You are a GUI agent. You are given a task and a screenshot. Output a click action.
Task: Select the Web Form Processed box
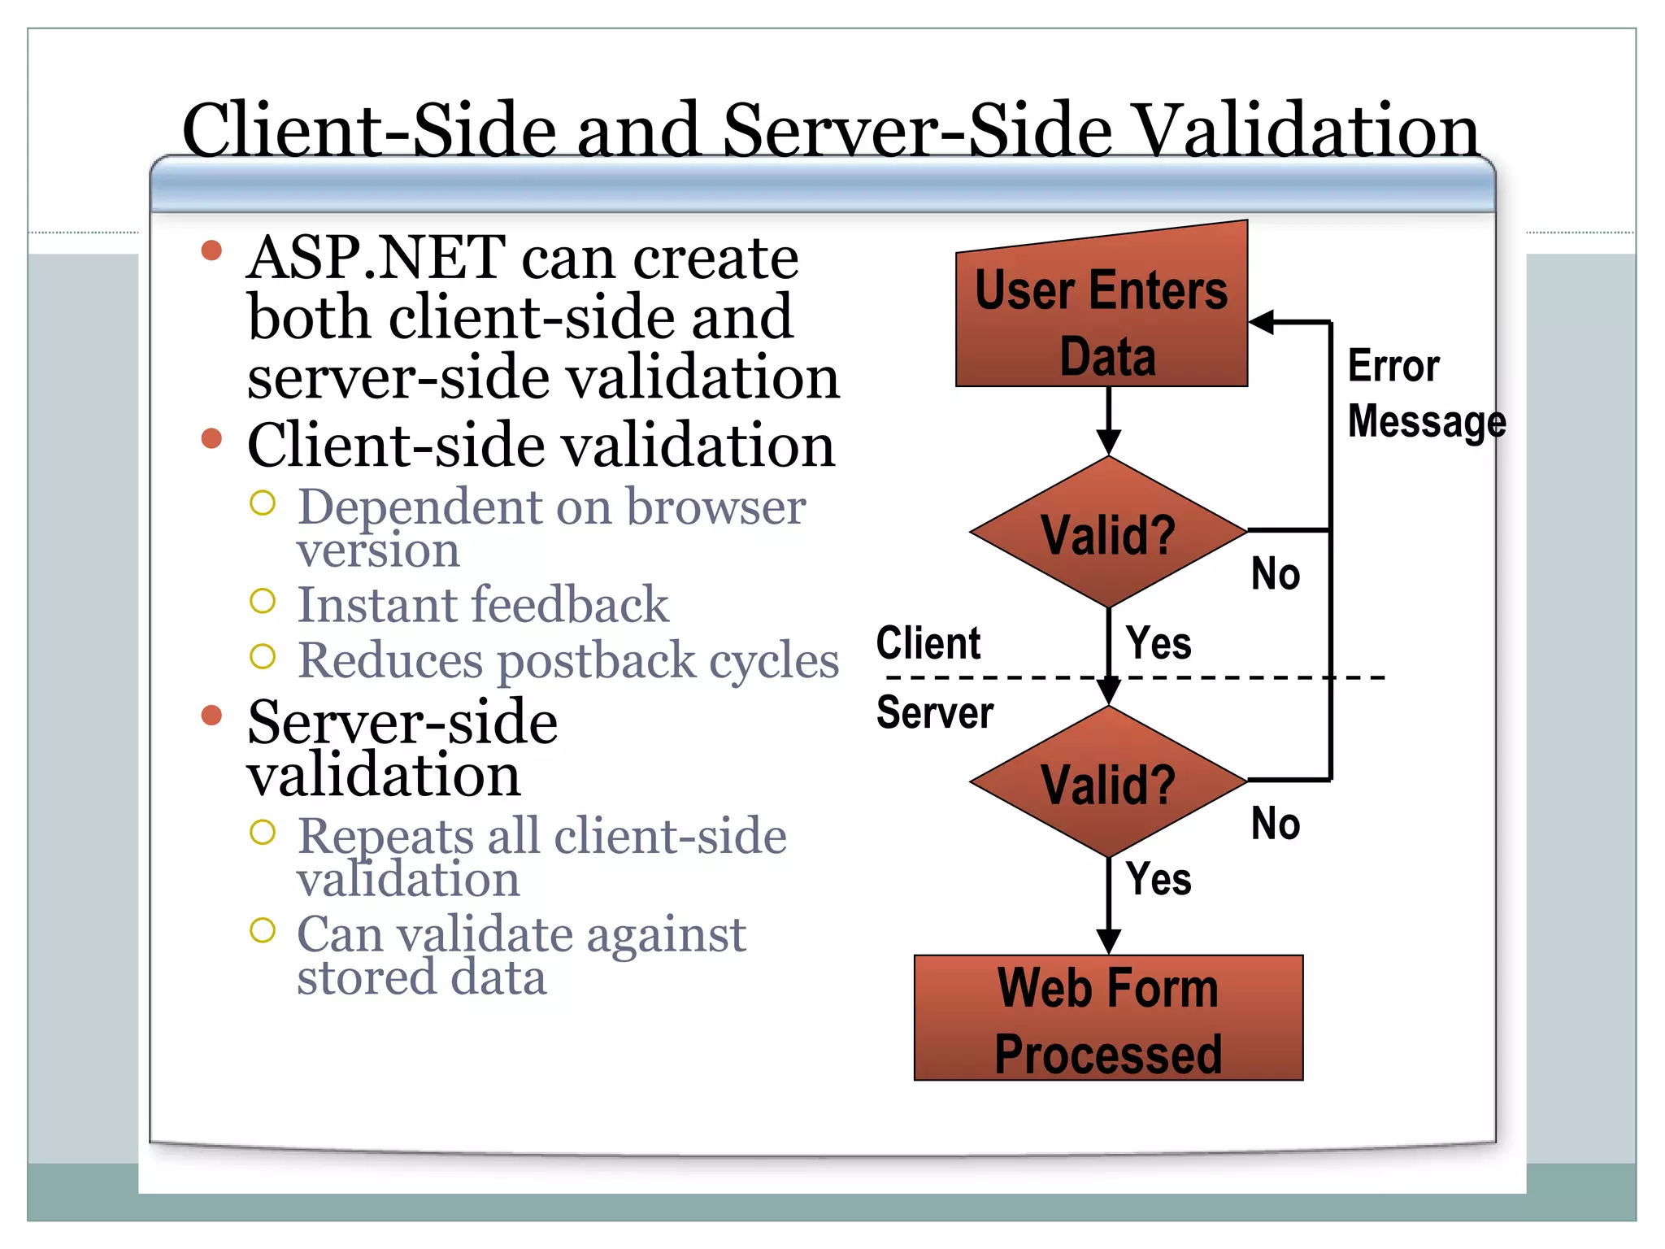(x=1108, y=1018)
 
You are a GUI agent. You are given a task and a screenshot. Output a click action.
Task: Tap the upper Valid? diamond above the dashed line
(x=1108, y=533)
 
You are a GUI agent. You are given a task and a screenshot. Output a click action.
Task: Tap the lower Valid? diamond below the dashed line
(x=1108, y=782)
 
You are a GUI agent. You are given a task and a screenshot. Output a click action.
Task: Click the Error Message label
(x=1425, y=394)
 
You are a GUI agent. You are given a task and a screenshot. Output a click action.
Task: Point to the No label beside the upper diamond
(x=1275, y=574)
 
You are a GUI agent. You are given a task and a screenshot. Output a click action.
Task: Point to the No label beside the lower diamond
(x=1275, y=824)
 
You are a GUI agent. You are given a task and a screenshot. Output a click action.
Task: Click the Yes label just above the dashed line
(x=1159, y=643)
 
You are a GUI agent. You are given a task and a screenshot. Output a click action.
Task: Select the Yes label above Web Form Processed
(x=1159, y=879)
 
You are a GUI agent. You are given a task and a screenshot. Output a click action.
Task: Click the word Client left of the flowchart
(x=928, y=643)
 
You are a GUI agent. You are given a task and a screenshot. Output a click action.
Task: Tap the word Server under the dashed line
(x=934, y=712)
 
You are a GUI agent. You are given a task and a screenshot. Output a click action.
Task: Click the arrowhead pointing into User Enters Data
(x=1261, y=322)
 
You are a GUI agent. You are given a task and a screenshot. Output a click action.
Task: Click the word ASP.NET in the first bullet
(x=376, y=258)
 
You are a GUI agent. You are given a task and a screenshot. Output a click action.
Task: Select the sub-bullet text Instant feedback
(x=482, y=605)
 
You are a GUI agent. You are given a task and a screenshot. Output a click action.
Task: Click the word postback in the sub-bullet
(x=597, y=659)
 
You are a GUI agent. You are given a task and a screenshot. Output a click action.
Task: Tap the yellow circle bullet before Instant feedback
(x=263, y=602)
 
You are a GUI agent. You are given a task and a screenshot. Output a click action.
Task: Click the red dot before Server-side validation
(x=211, y=715)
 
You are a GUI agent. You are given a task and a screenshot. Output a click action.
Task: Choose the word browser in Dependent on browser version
(x=715, y=507)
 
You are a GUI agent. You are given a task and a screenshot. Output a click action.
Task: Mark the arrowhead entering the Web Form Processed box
(x=1108, y=942)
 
